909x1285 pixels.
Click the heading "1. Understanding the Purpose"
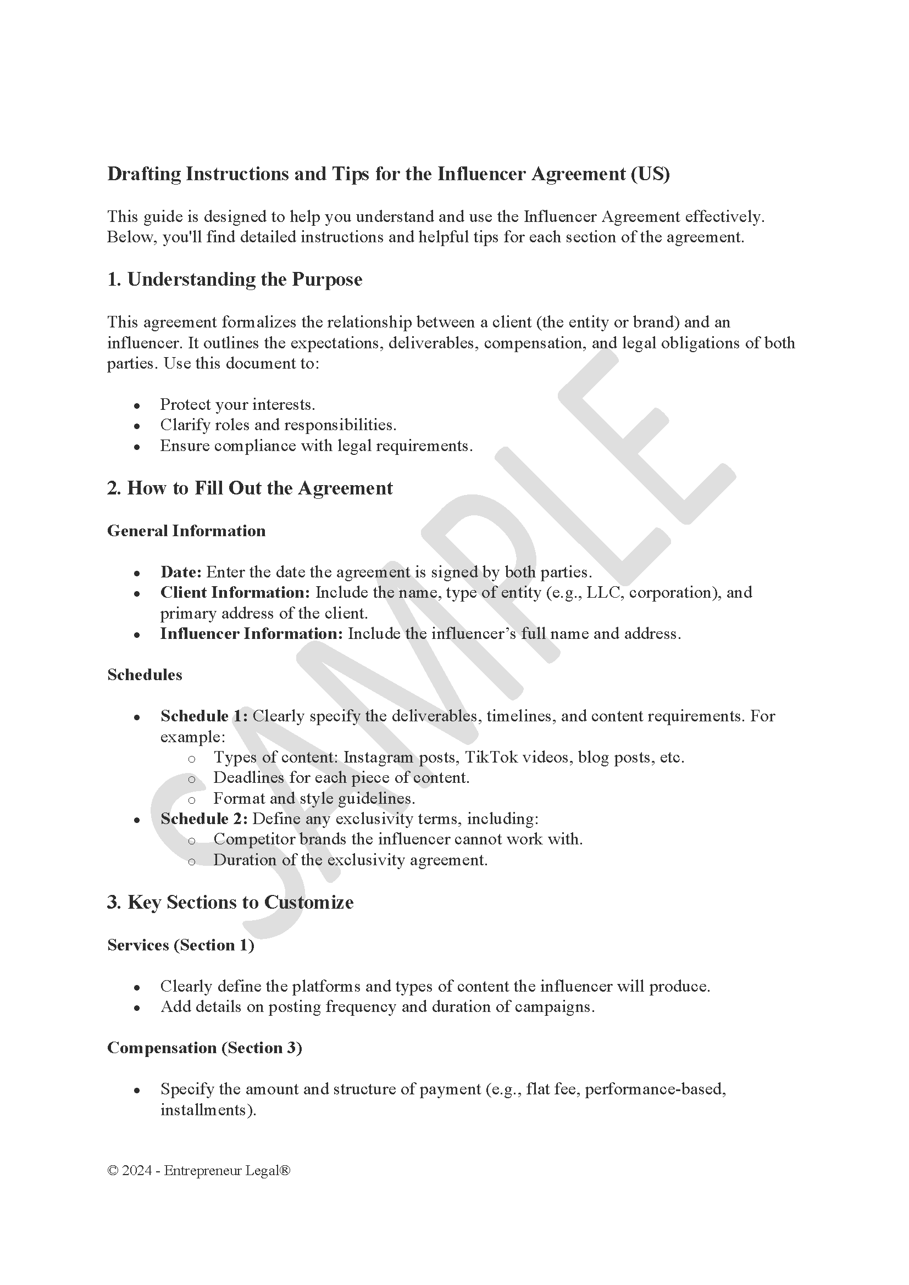pos(235,279)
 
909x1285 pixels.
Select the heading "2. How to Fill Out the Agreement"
pos(250,488)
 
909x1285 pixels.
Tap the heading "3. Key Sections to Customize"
pos(230,902)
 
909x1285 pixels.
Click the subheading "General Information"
pos(186,531)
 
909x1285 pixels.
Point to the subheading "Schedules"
pos(145,675)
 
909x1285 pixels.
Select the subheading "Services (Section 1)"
pos(181,945)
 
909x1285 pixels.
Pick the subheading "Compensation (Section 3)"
pos(204,1048)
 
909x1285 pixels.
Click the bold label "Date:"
pos(181,572)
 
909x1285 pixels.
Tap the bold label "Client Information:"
pos(235,592)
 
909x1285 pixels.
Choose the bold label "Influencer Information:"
pos(251,633)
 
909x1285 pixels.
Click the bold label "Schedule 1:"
pos(204,716)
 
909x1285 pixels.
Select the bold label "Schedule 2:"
pos(204,819)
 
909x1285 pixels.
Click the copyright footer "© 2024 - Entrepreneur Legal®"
pos(199,1171)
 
